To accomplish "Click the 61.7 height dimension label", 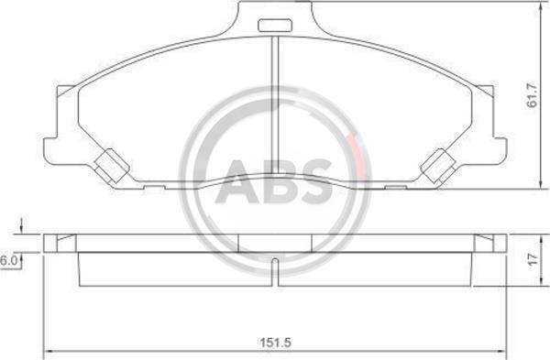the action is click(x=533, y=94).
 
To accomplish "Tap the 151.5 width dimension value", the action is click(x=275, y=342).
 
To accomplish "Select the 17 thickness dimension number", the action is click(x=533, y=260).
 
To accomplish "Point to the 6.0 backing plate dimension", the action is click(x=7, y=261).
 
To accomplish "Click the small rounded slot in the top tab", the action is click(x=275, y=26).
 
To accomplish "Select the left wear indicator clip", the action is click(x=112, y=167).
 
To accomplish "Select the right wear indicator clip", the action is click(x=438, y=167).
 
